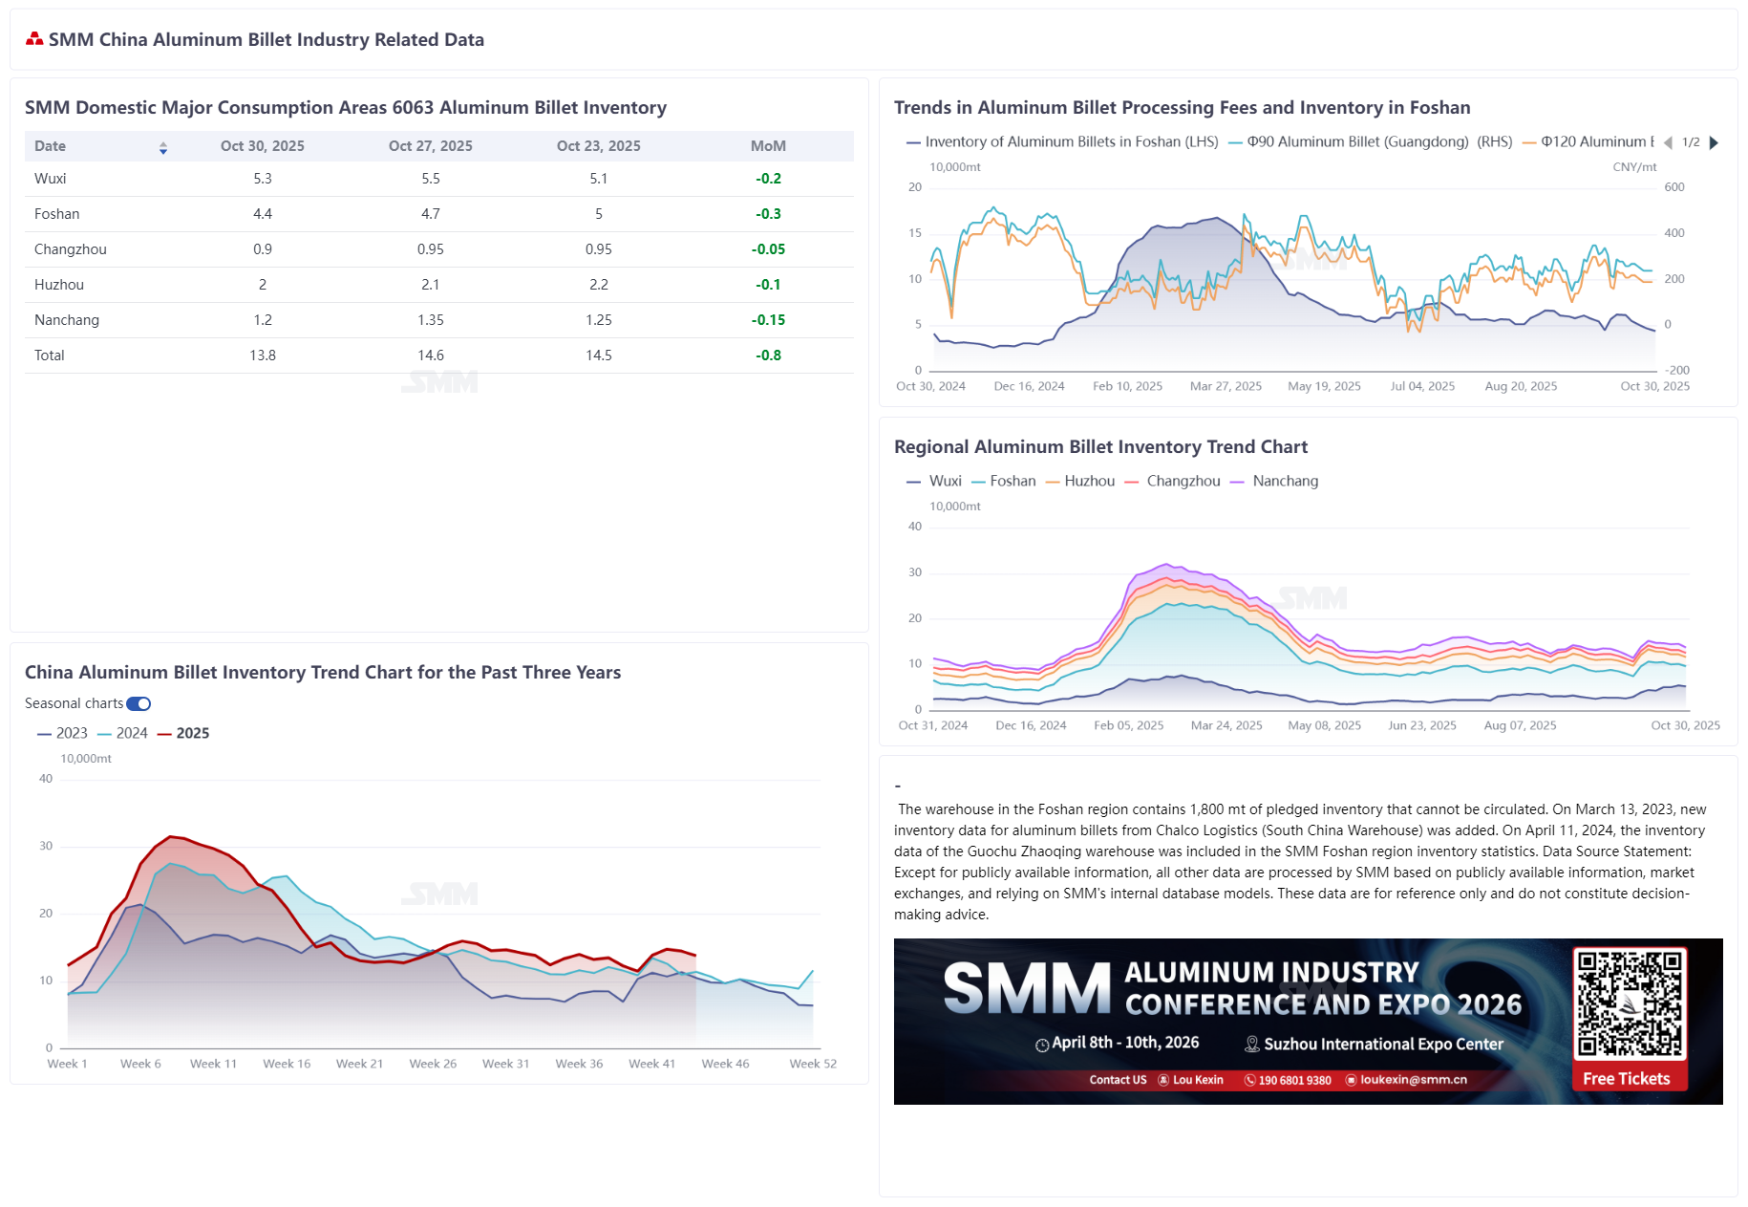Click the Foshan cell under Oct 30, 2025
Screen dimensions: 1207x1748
pyautogui.click(x=263, y=214)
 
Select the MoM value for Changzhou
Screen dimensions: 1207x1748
pyautogui.click(x=768, y=249)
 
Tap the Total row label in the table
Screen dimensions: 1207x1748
pyautogui.click(x=50, y=356)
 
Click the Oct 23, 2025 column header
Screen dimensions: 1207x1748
pyautogui.click(x=598, y=146)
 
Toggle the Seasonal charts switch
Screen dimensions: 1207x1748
pyautogui.click(x=139, y=703)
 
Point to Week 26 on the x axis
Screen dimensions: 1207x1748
pyautogui.click(x=433, y=1064)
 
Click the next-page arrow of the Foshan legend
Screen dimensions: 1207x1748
pyautogui.click(x=1714, y=142)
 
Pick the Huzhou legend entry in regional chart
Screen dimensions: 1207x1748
pyautogui.click(x=1080, y=481)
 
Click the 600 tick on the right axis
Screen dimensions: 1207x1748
pyautogui.click(x=1673, y=187)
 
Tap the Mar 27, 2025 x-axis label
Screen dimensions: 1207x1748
pyautogui.click(x=1226, y=386)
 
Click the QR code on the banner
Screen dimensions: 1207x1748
pyautogui.click(x=1629, y=1002)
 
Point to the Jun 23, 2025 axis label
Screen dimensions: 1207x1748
pyautogui.click(x=1421, y=725)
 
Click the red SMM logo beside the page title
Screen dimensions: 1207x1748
pyautogui.click(x=34, y=39)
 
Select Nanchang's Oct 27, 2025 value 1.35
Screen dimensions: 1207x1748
pyautogui.click(x=430, y=320)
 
